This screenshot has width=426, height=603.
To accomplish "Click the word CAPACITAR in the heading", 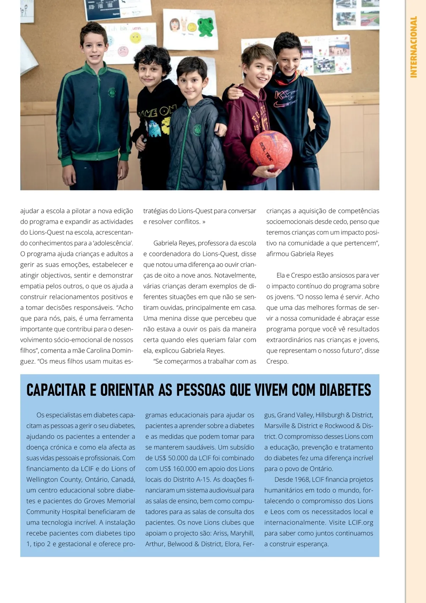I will click(x=56, y=390).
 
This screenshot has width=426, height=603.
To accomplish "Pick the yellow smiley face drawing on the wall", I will click(x=135, y=37).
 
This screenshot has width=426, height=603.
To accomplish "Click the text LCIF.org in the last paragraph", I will click(x=360, y=522).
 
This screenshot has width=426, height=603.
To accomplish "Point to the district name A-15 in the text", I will click(x=204, y=479).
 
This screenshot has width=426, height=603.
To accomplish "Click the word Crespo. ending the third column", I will click(x=277, y=361).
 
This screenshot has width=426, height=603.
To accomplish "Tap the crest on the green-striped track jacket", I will click(x=112, y=92).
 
